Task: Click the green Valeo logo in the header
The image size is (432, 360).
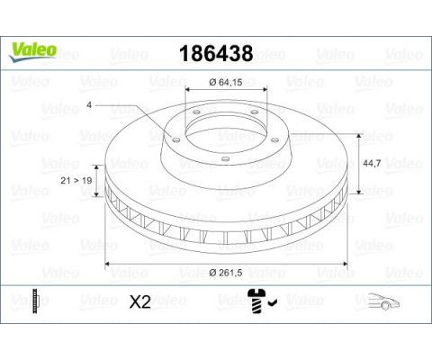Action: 32,52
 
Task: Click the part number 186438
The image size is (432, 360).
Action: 216,54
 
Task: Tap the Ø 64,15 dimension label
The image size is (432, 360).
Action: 226,82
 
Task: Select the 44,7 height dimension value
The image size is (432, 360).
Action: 372,163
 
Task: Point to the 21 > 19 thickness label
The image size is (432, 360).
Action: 76,181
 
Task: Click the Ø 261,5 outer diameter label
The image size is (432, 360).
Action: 226,273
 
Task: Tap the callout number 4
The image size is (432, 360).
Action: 89,105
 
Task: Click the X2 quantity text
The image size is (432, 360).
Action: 139,301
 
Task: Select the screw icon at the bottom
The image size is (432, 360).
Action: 256,301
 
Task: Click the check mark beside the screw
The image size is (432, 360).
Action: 273,303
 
